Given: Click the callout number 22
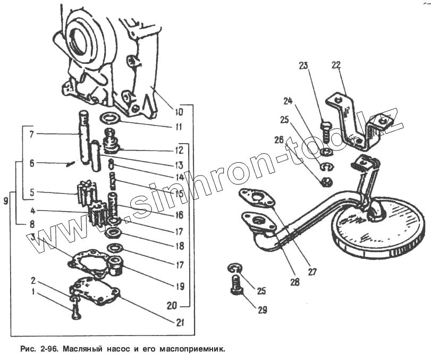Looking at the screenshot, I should (x=336, y=65).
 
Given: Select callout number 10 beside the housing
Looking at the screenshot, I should (x=178, y=112).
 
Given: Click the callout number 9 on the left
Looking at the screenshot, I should (x=5, y=201).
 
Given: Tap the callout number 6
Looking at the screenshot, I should (x=32, y=164).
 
